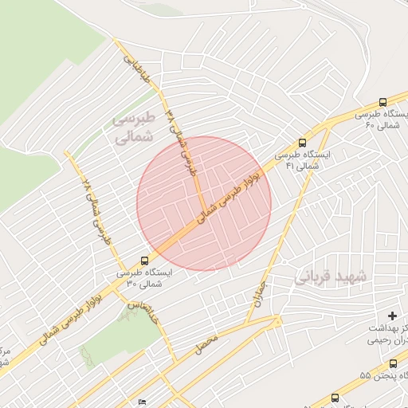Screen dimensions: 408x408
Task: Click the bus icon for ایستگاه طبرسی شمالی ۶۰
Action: [382, 102]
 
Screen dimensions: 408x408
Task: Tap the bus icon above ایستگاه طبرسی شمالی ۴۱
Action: [300, 137]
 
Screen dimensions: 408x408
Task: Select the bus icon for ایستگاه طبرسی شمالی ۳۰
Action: [144, 260]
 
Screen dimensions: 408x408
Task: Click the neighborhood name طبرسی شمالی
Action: [131, 127]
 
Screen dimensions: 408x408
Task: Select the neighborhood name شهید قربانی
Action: [331, 276]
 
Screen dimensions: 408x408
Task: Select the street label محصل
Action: [205, 344]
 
